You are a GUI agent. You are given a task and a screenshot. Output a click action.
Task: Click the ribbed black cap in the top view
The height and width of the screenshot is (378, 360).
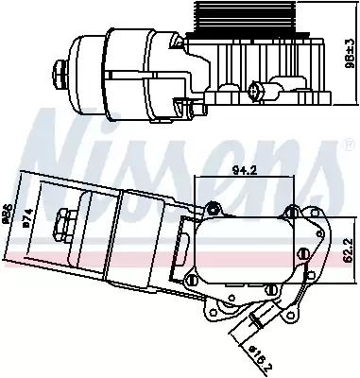[240, 24]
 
